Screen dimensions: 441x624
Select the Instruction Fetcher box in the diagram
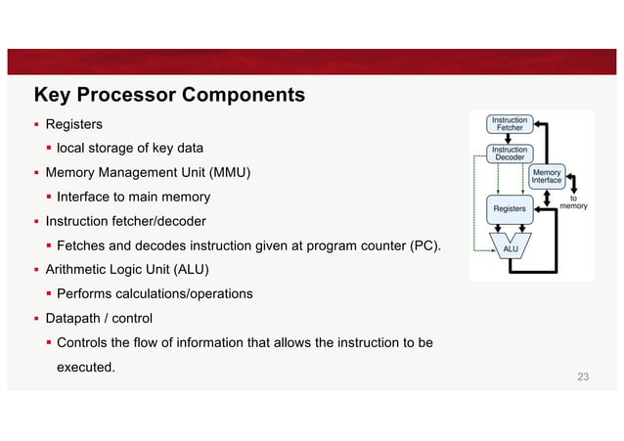pyautogui.click(x=510, y=125)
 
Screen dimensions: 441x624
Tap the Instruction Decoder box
pyautogui.click(x=510, y=153)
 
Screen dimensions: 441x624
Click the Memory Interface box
pyautogui.click(x=547, y=176)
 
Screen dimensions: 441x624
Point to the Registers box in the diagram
pyautogui.click(x=510, y=208)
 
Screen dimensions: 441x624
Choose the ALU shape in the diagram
pyautogui.click(x=510, y=248)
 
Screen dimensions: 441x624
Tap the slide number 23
pyautogui.click(x=584, y=377)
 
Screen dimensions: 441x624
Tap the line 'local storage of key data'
pyautogui.click(x=130, y=149)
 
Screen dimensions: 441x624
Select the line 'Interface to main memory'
pyautogui.click(x=133, y=198)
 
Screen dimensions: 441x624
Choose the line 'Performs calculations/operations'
pyautogui.click(x=155, y=293)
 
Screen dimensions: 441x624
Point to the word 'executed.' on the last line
pyautogui.click(x=86, y=367)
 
